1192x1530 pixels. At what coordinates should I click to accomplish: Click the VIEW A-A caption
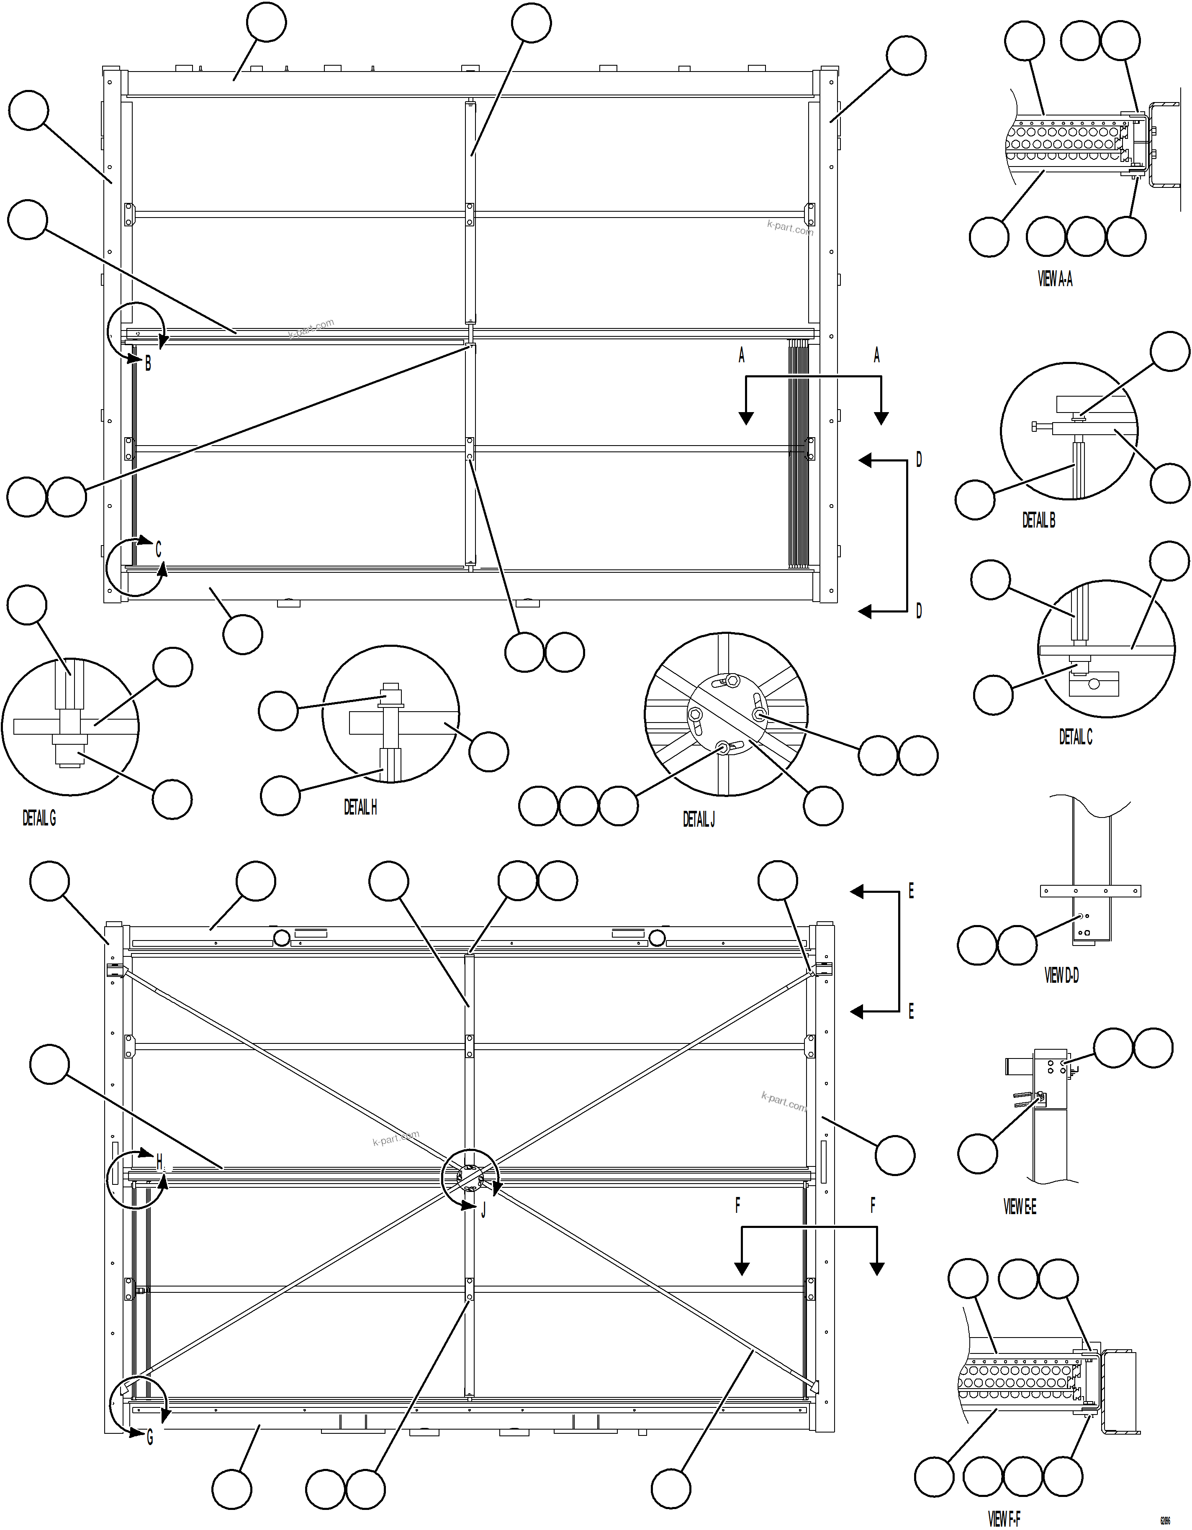(x=1055, y=279)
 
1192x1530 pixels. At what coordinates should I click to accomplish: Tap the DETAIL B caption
(x=1038, y=520)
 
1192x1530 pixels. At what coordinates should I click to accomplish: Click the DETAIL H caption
(x=360, y=807)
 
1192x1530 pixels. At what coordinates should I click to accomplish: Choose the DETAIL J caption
(x=699, y=819)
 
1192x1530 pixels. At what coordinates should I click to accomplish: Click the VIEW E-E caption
(x=1020, y=1206)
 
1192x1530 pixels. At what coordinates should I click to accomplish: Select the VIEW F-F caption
(x=1004, y=1518)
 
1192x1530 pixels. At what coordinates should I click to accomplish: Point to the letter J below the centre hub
(x=483, y=1210)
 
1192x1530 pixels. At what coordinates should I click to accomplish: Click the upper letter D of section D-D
(x=919, y=459)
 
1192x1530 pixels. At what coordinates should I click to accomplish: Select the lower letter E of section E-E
(x=911, y=1011)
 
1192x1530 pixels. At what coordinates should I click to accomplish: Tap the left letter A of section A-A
(x=741, y=356)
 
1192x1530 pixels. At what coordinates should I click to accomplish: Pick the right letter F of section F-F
(x=873, y=1206)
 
